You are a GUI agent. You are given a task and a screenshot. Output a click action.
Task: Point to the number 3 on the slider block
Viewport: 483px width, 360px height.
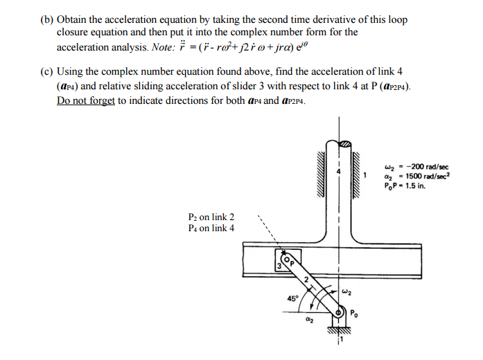point(279,267)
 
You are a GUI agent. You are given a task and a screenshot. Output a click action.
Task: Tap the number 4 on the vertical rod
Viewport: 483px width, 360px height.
point(340,171)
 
